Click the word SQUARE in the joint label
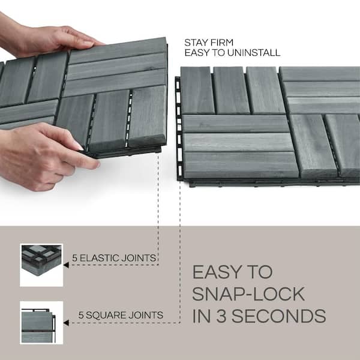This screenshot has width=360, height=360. [104, 314]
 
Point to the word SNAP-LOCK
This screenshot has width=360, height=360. [249, 294]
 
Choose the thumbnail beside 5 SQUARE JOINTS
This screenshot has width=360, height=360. [41, 322]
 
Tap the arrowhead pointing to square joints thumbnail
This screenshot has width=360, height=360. [66, 322]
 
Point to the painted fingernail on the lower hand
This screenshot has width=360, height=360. [79, 147]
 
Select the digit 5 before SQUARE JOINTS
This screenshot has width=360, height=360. [81, 314]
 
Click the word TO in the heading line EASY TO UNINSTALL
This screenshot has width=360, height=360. [217, 52]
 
